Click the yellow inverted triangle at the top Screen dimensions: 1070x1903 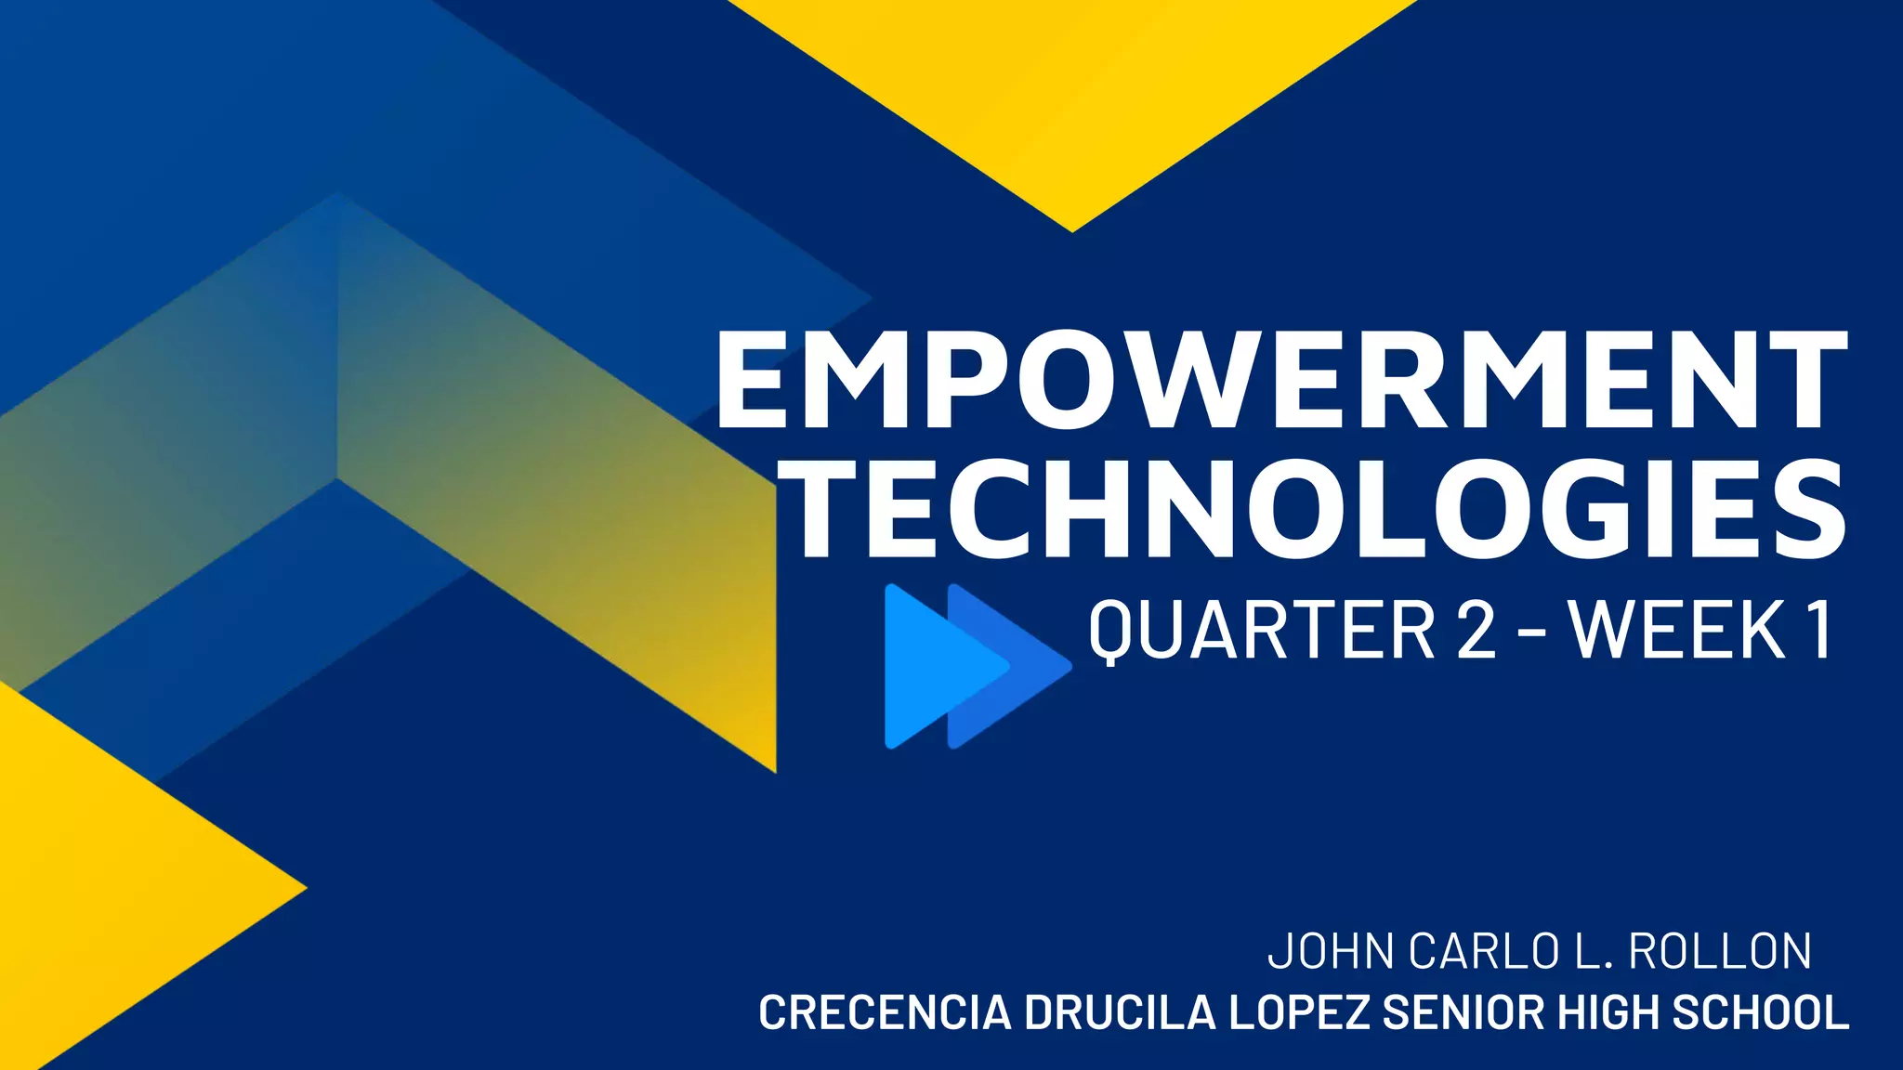(x=1072, y=93)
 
